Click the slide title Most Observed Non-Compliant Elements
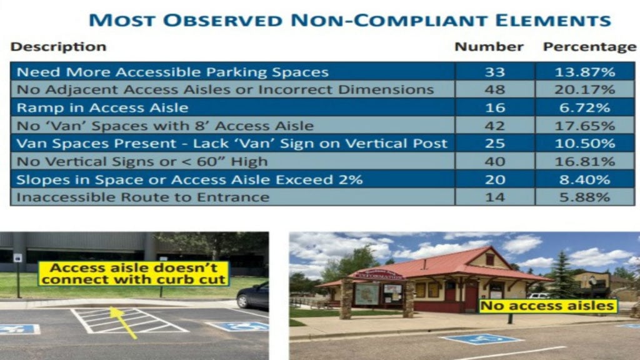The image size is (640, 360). [x=350, y=20]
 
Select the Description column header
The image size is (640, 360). [x=58, y=46]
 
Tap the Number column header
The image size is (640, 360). [x=489, y=46]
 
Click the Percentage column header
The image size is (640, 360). [x=589, y=47]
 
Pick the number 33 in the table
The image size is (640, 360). [x=495, y=72]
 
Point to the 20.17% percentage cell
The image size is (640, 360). [x=584, y=89]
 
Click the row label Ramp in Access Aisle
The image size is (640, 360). [x=102, y=107]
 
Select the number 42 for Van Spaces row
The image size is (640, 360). [x=495, y=126]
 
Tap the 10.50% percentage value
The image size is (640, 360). [x=584, y=144]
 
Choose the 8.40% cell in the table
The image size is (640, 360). [x=584, y=179]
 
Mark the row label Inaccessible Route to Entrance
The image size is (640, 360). [x=143, y=197]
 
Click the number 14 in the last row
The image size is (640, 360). [x=495, y=197]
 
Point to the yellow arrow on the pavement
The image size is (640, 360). [x=122, y=322]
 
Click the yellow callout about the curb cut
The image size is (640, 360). [x=134, y=274]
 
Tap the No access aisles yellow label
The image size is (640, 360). [x=547, y=306]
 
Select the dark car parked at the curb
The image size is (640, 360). [x=252, y=295]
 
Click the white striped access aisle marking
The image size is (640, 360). [x=129, y=321]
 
